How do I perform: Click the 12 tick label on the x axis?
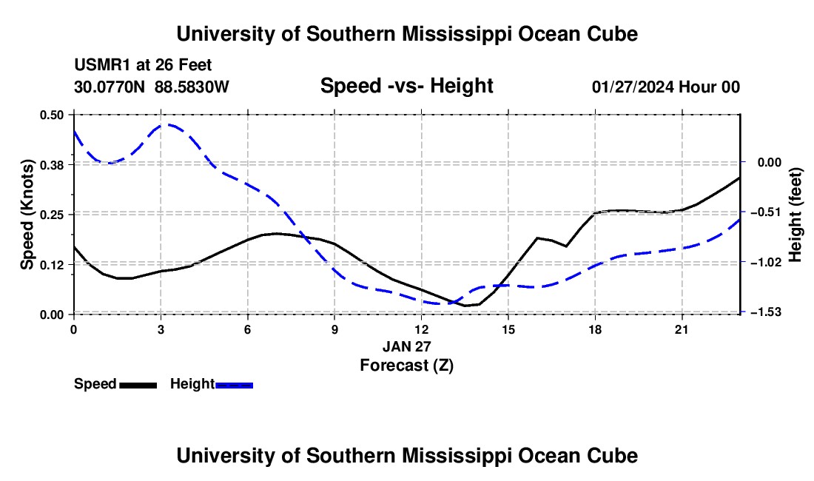click(x=422, y=329)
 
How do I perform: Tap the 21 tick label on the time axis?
click(x=682, y=329)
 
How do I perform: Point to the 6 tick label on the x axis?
click(x=248, y=329)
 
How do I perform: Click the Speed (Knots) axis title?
click(x=27, y=215)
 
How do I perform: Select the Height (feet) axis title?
click(x=795, y=215)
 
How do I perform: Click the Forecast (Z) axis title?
click(x=407, y=366)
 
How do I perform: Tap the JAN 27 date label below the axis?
click(x=407, y=346)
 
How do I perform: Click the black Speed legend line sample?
click(x=138, y=386)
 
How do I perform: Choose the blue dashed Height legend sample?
click(x=234, y=386)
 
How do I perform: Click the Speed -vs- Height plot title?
click(x=407, y=86)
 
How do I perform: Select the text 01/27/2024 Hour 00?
click(x=666, y=87)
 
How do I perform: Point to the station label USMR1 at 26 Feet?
click(x=143, y=65)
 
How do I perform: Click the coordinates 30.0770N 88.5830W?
click(x=152, y=87)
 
